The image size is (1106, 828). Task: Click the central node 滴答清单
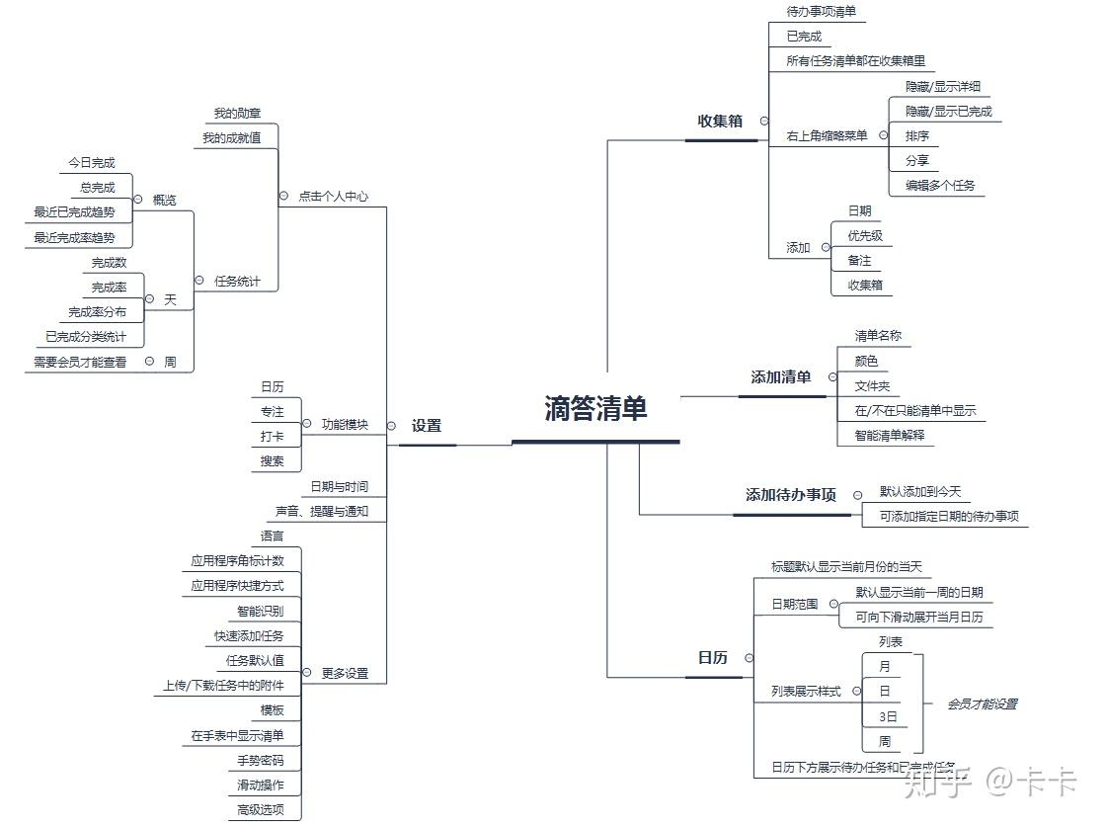tap(595, 409)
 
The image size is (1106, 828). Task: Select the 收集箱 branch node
tap(720, 122)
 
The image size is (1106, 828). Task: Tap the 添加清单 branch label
tap(780, 377)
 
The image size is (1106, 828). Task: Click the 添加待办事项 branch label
tap(791, 495)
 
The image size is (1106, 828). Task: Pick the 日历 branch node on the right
tap(712, 658)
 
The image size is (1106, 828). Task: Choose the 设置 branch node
tap(427, 426)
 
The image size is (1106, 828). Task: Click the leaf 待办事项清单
tap(822, 12)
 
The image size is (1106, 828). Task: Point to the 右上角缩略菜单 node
tap(827, 135)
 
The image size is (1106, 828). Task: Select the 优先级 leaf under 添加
tap(865, 236)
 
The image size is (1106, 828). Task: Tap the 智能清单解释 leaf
tap(890, 435)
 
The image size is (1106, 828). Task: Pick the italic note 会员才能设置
tap(982, 704)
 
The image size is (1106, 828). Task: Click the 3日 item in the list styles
tap(888, 716)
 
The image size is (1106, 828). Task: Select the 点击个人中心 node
tap(333, 197)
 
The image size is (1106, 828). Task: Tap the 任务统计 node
tap(238, 282)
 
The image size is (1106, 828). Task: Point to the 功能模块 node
tap(345, 425)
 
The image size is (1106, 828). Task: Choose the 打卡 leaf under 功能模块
tap(272, 436)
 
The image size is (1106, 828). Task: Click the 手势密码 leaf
tap(261, 761)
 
